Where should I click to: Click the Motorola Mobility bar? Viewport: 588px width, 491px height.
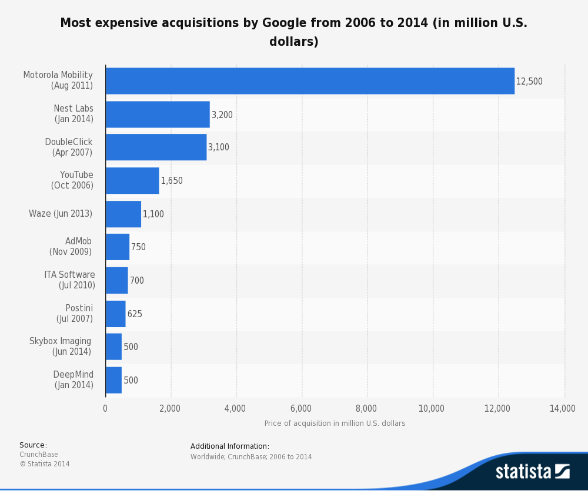click(x=310, y=81)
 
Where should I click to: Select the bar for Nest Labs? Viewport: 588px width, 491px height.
click(x=158, y=115)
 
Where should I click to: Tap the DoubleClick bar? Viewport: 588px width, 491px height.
click(x=156, y=147)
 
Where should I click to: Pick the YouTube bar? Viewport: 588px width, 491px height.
click(x=132, y=181)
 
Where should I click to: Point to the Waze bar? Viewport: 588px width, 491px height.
click(x=123, y=214)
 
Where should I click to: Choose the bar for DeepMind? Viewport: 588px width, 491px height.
click(x=113, y=380)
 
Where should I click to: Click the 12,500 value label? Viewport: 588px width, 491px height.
click(x=529, y=82)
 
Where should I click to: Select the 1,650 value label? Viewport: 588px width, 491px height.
click(x=172, y=181)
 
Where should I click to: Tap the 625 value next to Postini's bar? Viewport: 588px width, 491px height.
click(x=135, y=314)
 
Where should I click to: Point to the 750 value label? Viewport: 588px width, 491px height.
click(x=138, y=247)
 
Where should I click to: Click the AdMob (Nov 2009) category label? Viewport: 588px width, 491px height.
click(x=71, y=247)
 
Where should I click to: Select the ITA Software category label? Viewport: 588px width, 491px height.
click(x=69, y=280)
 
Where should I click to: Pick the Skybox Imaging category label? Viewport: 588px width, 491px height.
click(x=61, y=347)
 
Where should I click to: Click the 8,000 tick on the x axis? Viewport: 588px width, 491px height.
click(x=367, y=409)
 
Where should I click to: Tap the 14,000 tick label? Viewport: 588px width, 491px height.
click(x=563, y=409)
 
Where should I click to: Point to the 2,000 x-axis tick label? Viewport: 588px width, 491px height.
click(x=171, y=409)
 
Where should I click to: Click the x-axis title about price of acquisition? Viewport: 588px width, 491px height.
click(x=335, y=423)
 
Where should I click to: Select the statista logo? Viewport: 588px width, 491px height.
click(x=532, y=471)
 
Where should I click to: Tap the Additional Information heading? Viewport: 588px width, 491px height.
click(x=229, y=446)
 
